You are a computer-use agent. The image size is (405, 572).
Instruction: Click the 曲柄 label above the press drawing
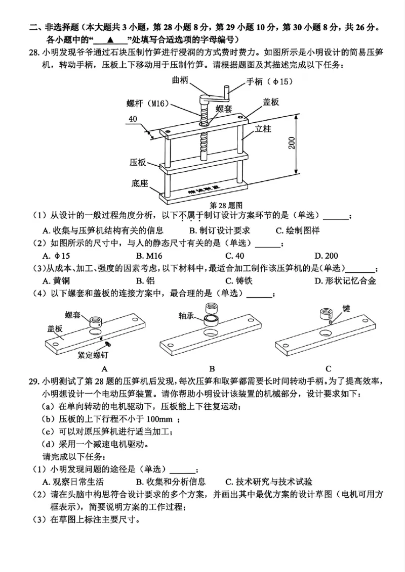point(181,80)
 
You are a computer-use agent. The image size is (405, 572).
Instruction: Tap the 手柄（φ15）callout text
point(269,81)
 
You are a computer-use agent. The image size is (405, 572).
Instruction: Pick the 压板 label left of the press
point(137,163)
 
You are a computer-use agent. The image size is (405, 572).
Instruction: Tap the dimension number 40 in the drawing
point(133,119)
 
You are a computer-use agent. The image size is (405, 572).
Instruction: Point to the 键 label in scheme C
point(346,308)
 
